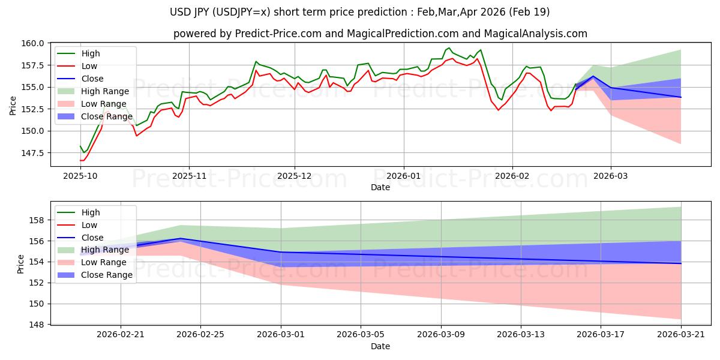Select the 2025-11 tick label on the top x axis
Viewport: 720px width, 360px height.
click(x=189, y=177)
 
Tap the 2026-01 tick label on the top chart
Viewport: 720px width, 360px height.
click(x=403, y=177)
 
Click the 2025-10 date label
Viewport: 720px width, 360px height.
click(x=80, y=177)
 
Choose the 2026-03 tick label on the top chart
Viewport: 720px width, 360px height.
click(x=611, y=177)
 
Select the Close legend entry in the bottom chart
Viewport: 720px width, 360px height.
click(x=92, y=238)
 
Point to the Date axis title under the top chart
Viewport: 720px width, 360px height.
click(x=380, y=187)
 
